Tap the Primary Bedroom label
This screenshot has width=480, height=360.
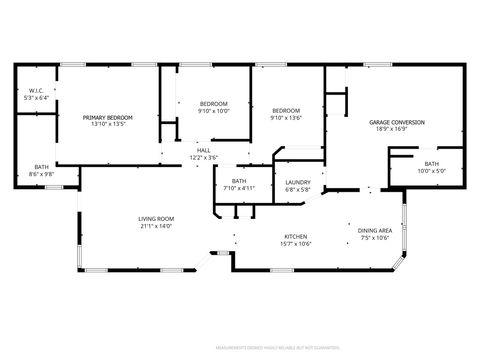tap(107, 117)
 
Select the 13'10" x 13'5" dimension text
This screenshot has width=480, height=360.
tap(107, 124)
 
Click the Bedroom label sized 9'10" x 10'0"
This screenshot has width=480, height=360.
tap(213, 104)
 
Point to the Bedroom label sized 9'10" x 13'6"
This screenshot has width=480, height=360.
tap(286, 111)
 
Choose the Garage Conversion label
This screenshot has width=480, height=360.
tap(397, 122)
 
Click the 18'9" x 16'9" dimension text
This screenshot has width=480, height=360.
tap(397, 129)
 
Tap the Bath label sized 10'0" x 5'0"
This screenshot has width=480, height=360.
tap(431, 163)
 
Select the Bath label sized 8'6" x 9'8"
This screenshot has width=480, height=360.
tap(41, 167)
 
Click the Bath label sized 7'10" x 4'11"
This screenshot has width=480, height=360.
tap(239, 181)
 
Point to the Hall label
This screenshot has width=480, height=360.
tap(203, 150)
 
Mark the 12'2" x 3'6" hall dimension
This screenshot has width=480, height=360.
tap(203, 157)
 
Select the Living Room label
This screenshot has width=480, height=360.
tap(156, 219)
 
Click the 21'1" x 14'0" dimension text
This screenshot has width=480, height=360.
tap(156, 226)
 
